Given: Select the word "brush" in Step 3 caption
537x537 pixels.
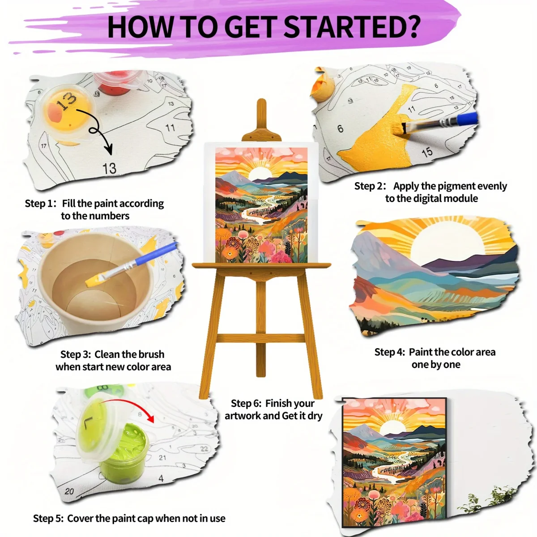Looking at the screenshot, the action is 151,354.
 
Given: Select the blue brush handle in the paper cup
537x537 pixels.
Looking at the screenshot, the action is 156,255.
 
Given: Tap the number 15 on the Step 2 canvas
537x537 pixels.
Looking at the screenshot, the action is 427,152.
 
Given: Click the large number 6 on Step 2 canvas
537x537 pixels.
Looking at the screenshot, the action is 340,128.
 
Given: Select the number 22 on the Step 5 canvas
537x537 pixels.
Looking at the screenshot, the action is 204,448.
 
